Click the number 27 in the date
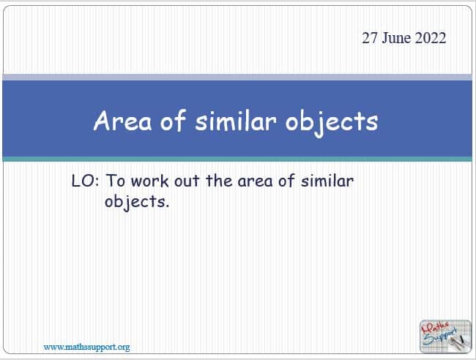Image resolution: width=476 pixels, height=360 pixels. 370,38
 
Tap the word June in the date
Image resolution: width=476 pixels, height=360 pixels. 396,38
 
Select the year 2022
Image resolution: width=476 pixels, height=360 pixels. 431,38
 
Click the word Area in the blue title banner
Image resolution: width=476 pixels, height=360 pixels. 122,121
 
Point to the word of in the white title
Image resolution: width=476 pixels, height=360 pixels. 173,121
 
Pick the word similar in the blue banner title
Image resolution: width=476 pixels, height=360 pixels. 236,121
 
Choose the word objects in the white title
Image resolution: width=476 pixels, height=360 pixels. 332,123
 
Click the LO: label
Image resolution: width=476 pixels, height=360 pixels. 85,181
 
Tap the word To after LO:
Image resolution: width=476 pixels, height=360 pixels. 116,181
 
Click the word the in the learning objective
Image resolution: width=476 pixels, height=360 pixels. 219,181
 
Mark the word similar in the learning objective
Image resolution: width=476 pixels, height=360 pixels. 327,181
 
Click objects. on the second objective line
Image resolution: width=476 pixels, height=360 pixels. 137,202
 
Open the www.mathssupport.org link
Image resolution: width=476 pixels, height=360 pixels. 86,347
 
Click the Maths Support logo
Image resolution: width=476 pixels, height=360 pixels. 445,337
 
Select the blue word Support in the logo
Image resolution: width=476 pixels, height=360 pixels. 440,337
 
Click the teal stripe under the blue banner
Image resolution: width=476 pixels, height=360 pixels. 237,159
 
